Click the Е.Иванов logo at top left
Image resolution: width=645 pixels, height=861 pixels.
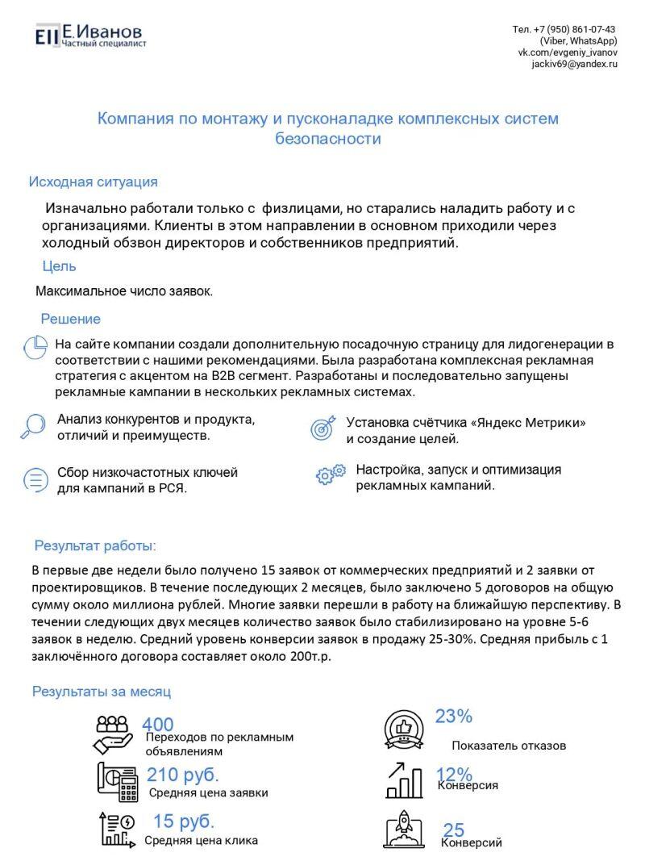[x=89, y=35]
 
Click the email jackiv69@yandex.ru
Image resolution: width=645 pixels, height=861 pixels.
[x=574, y=63]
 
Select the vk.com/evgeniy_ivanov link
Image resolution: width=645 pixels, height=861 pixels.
[x=568, y=52]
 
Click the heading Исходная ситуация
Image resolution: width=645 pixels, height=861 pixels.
[x=93, y=182]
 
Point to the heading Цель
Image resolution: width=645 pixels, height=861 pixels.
[x=59, y=266]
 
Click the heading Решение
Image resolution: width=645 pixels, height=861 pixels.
[x=71, y=319]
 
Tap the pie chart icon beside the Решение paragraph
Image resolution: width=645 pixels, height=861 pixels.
[x=35, y=347]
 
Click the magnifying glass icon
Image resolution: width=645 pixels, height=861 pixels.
[x=33, y=425]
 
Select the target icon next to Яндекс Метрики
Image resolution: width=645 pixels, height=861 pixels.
[x=322, y=428]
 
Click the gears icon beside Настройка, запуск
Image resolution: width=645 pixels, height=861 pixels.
[x=331, y=474]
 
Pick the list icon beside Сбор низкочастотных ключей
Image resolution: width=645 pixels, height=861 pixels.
[x=35, y=479]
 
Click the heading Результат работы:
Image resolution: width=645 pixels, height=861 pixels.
[x=95, y=545]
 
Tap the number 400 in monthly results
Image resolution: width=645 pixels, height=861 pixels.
[x=157, y=725]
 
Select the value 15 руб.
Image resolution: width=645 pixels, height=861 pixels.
[x=184, y=821]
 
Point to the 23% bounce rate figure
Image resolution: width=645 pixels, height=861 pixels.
[x=453, y=716]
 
